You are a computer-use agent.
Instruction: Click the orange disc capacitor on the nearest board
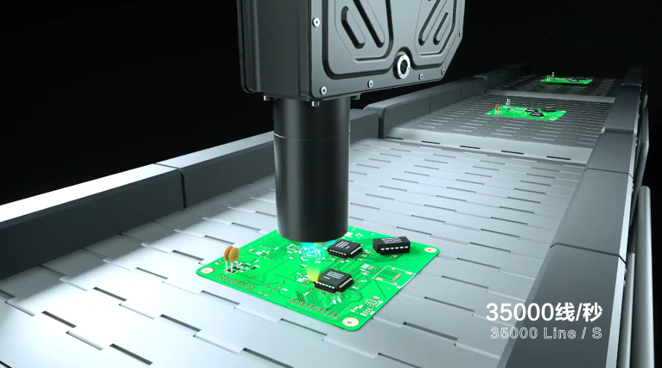232,254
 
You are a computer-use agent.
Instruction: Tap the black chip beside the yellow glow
333,280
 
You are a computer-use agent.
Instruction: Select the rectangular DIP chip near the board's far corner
391,245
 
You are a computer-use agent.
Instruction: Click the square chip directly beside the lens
345,248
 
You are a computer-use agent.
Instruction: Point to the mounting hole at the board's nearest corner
350,322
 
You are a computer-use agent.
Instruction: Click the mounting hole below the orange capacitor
207,271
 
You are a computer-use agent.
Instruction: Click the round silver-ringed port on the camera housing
403,66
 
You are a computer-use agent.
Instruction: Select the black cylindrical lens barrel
311,169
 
